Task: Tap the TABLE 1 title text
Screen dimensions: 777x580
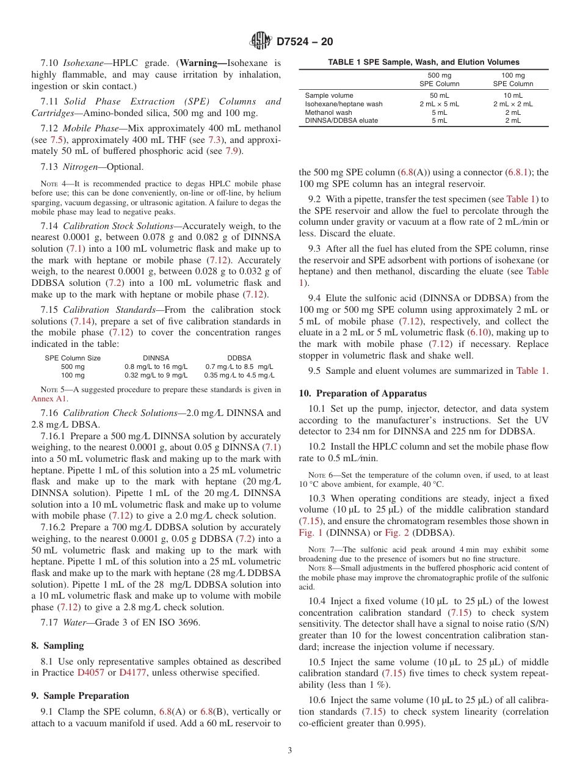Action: (x=424, y=62)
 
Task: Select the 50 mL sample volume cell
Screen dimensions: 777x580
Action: (x=438, y=95)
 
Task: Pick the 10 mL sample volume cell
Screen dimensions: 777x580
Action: (x=512, y=95)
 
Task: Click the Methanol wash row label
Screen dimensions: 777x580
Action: (x=328, y=112)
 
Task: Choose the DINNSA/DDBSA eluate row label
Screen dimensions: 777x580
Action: (x=341, y=120)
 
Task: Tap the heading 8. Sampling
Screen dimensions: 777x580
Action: (x=57, y=646)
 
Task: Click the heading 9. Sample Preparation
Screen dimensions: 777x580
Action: (x=80, y=696)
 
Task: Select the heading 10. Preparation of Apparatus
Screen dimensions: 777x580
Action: (x=363, y=393)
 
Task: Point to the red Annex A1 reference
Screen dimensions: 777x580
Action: (x=49, y=398)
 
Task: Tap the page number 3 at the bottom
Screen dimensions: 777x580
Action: (x=289, y=751)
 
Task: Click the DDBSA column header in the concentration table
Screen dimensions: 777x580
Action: (x=239, y=358)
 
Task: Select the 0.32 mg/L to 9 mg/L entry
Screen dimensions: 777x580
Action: (x=156, y=375)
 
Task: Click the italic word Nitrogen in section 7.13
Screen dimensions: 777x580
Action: (x=82, y=167)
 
